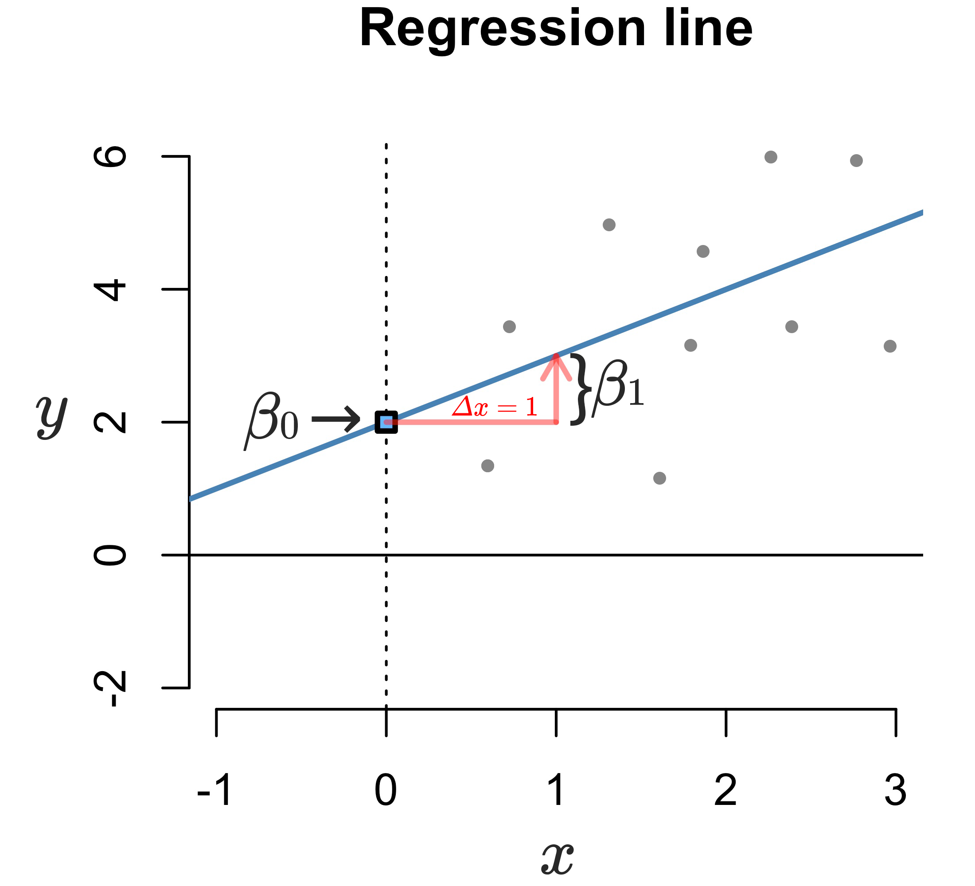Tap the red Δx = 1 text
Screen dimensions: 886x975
(494, 407)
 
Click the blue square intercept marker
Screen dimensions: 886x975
(386, 422)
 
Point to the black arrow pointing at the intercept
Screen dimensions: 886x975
(335, 419)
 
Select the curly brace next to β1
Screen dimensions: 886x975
(581, 389)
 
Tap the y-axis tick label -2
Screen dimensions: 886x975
(110, 688)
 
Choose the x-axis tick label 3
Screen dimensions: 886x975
(896, 791)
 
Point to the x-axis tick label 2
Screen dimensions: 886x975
(725, 791)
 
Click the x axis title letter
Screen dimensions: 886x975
(557, 858)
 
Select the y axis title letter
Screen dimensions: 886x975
(52, 416)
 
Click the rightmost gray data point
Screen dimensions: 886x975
(890, 346)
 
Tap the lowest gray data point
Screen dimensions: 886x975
(659, 478)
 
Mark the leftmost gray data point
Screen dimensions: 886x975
(487, 466)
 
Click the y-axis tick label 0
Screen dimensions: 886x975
(110, 555)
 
